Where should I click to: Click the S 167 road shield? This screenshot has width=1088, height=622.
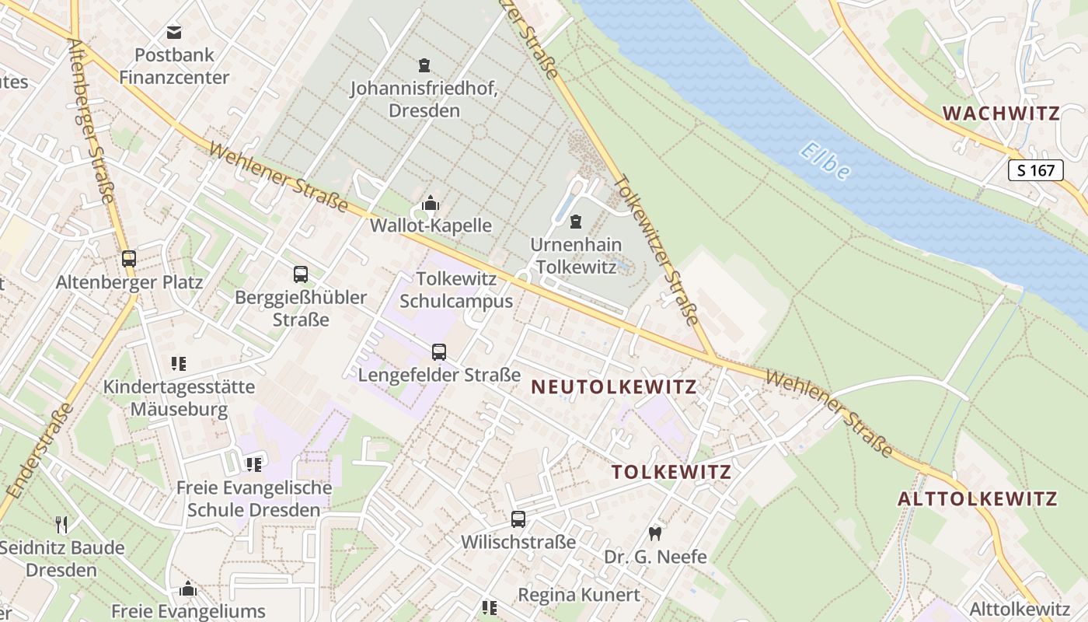click(1035, 170)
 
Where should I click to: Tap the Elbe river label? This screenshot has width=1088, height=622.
click(825, 161)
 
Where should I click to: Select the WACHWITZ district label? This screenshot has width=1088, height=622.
click(1001, 114)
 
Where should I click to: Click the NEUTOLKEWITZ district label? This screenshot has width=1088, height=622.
click(614, 386)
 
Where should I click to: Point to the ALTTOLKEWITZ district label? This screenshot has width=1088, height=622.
click(978, 498)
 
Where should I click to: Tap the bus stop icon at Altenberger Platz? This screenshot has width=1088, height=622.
click(129, 259)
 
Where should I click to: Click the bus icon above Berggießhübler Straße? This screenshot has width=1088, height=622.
click(301, 274)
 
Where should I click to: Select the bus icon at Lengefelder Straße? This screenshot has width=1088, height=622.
click(439, 352)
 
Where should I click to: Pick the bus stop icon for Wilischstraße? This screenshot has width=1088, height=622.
click(518, 519)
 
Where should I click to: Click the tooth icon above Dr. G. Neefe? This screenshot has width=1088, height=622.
click(654, 533)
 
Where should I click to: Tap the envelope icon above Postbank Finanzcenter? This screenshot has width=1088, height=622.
click(174, 33)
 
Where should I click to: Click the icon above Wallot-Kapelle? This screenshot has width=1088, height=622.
click(431, 204)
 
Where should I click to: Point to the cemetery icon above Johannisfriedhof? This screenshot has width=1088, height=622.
click(424, 65)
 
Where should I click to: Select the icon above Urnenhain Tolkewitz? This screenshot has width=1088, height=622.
click(575, 222)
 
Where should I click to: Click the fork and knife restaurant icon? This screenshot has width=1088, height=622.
click(62, 525)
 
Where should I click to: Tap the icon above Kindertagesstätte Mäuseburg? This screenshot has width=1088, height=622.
click(179, 363)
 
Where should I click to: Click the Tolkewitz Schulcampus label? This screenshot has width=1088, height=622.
click(465, 289)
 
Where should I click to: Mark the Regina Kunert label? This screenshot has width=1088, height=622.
click(579, 595)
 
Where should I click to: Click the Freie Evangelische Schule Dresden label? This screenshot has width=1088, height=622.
click(254, 499)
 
